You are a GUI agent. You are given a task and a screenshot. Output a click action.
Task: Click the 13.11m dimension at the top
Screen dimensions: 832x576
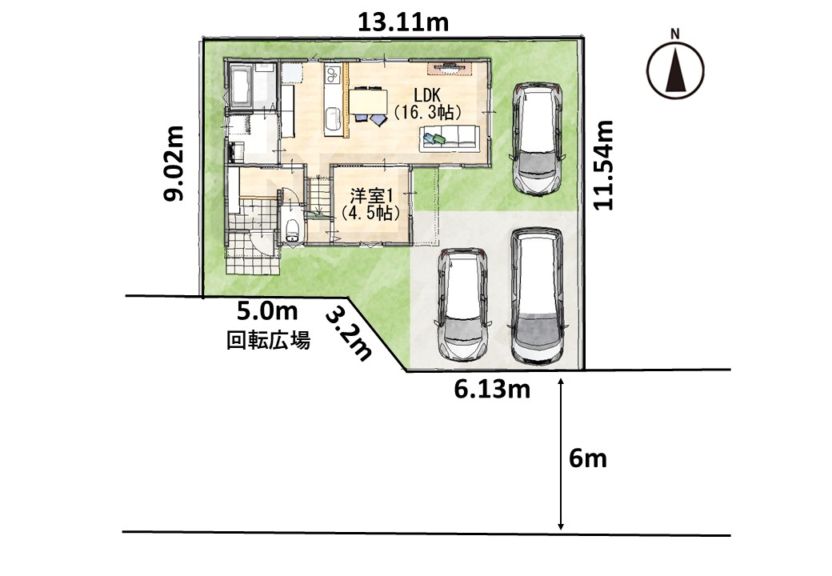pyautogui.click(x=403, y=23)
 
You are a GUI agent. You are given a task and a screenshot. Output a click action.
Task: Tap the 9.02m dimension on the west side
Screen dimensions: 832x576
pyautogui.click(x=174, y=163)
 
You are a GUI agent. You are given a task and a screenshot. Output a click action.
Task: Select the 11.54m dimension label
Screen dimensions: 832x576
pyautogui.click(x=603, y=166)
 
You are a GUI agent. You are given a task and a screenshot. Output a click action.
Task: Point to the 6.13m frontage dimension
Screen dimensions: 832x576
pyautogui.click(x=492, y=390)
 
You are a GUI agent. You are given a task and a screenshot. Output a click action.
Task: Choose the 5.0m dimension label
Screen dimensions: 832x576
pyautogui.click(x=267, y=311)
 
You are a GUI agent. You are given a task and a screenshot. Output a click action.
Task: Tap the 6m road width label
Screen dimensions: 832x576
pyautogui.click(x=588, y=458)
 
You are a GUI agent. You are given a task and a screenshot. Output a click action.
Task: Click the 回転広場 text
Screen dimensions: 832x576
pyautogui.click(x=269, y=340)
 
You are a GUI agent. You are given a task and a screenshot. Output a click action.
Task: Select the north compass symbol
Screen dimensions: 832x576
pyautogui.click(x=675, y=67)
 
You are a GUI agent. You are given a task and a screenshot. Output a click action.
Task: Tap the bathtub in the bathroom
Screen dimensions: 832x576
pyautogui.click(x=241, y=86)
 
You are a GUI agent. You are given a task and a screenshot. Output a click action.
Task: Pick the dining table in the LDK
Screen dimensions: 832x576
pyautogui.click(x=368, y=102)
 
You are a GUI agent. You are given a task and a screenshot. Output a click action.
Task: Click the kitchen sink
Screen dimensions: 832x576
pyautogui.click(x=332, y=119)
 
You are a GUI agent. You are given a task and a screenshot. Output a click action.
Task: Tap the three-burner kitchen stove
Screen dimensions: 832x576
pyautogui.click(x=332, y=74)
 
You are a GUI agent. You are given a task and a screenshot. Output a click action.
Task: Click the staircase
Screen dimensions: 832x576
pyautogui.click(x=318, y=201)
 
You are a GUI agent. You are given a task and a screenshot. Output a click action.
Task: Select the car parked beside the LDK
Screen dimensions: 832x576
pyautogui.click(x=537, y=138)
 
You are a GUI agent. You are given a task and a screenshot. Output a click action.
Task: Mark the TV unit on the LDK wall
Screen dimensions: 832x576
pyautogui.click(x=451, y=67)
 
